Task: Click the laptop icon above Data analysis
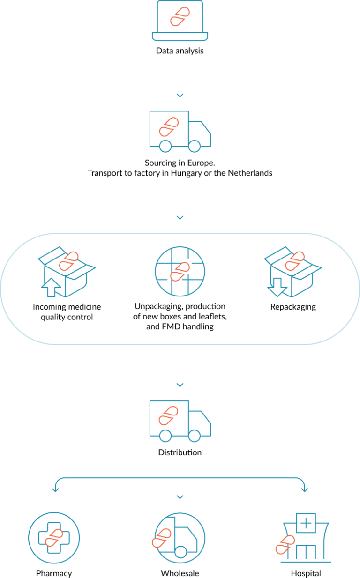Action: [x=180, y=21]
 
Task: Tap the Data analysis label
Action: [x=180, y=51]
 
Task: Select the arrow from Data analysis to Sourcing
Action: [x=180, y=83]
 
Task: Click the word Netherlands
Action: [x=250, y=173]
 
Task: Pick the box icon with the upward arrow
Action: [x=67, y=272]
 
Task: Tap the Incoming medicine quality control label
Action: [x=67, y=311]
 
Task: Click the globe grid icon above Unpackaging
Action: [x=180, y=271]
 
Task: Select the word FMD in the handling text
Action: [x=171, y=326]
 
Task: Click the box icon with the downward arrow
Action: [x=293, y=272]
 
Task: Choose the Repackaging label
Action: [x=293, y=307]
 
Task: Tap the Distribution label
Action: [x=180, y=452]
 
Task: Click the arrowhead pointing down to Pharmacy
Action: [x=55, y=490]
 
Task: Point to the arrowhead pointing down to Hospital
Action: [x=305, y=490]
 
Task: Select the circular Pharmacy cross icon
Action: [x=54, y=538]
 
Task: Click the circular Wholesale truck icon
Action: [x=180, y=538]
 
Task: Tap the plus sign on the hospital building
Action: [x=306, y=523]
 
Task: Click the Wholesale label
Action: [x=180, y=573]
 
